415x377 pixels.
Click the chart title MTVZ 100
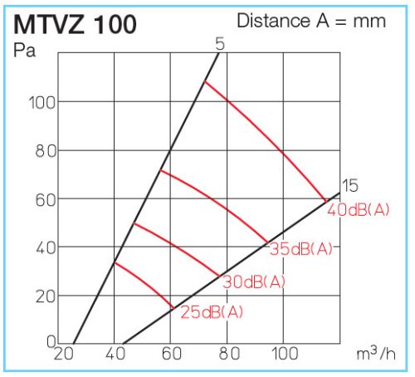click(76, 24)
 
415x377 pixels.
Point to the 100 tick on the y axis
click(41, 102)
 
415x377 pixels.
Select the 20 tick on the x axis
click(63, 354)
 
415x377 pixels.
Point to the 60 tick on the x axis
click(172, 354)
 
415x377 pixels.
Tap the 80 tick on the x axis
click(228, 354)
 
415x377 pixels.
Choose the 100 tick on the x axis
click(284, 354)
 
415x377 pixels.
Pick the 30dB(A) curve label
click(254, 282)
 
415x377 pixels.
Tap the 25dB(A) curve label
click(212, 312)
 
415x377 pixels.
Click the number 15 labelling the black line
click(349, 185)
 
